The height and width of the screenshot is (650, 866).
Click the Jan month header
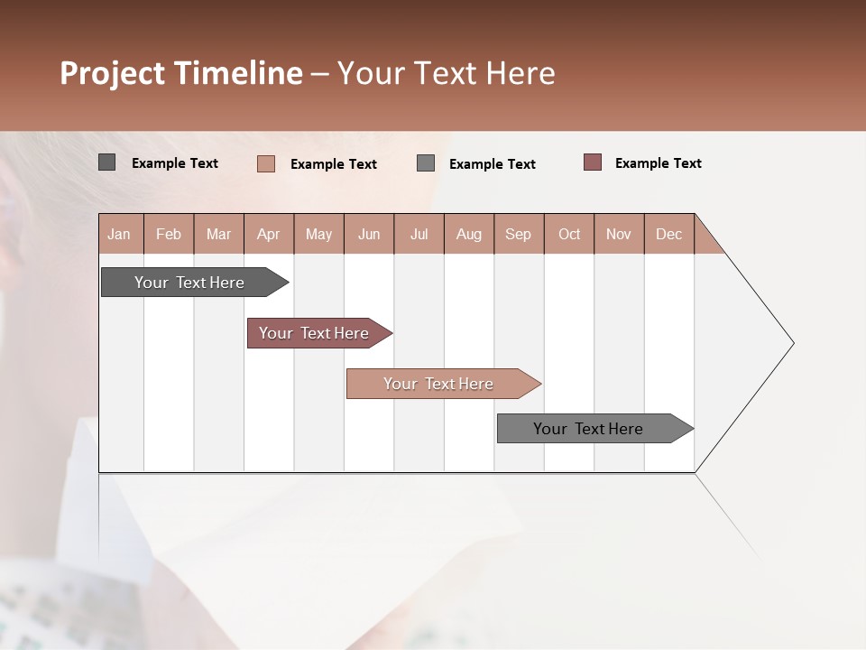tap(120, 234)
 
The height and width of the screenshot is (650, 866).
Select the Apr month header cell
tap(269, 234)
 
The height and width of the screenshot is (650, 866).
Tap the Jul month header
tap(419, 234)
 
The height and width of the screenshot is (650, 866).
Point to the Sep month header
tap(519, 234)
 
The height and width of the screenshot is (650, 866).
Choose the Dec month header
tap(668, 234)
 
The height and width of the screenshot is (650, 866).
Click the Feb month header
tap(169, 234)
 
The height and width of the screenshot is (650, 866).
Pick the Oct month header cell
tap(569, 234)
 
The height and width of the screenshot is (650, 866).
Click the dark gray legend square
tap(107, 162)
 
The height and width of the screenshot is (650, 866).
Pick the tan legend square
tap(266, 163)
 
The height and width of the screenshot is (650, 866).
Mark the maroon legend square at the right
tap(593, 162)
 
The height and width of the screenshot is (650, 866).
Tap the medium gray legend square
tap(426, 163)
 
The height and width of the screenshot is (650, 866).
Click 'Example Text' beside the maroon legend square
tap(658, 163)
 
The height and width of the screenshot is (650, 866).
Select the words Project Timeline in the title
tap(181, 73)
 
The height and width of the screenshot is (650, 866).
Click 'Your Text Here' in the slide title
tap(446, 73)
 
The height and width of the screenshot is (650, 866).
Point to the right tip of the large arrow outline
tap(792, 343)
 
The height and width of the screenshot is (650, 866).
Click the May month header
tap(318, 234)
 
